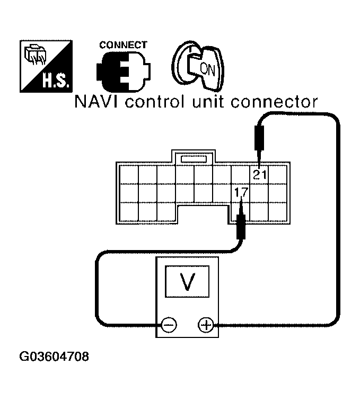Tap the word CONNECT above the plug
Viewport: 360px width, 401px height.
(123, 46)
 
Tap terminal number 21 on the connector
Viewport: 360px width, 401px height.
(260, 175)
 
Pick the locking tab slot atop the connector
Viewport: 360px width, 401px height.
(193, 158)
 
